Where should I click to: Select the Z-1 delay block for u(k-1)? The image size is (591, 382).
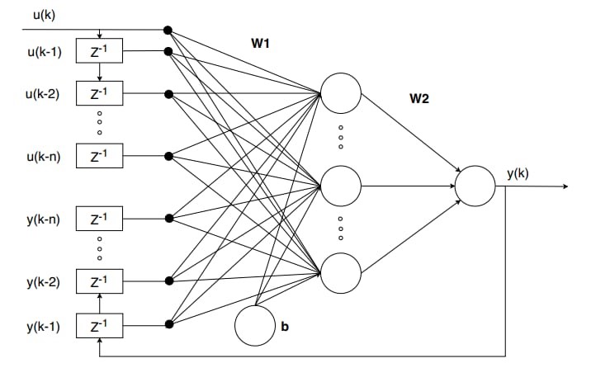click(x=99, y=51)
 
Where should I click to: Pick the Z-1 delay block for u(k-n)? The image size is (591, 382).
click(x=99, y=155)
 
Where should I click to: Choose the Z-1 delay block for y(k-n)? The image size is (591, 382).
click(x=99, y=219)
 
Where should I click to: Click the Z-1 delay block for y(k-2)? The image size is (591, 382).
click(x=99, y=281)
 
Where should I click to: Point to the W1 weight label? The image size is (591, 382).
click(x=261, y=43)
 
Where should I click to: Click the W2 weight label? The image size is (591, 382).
click(x=419, y=98)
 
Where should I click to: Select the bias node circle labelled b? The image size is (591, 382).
click(x=255, y=325)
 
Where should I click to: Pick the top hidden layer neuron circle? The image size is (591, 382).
click(x=342, y=93)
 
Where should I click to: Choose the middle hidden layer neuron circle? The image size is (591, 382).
click(x=342, y=186)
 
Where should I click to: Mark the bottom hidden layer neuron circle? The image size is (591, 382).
click(x=342, y=273)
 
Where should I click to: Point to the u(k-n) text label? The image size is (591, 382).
click(x=42, y=155)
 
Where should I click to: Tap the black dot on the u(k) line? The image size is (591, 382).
click(x=168, y=31)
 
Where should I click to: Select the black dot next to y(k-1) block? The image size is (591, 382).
click(x=168, y=324)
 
